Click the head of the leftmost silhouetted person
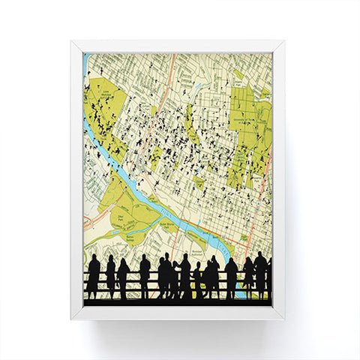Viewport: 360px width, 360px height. point(94,259)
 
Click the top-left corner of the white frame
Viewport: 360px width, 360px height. point(72,42)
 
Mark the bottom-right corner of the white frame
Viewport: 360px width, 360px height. point(283,318)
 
